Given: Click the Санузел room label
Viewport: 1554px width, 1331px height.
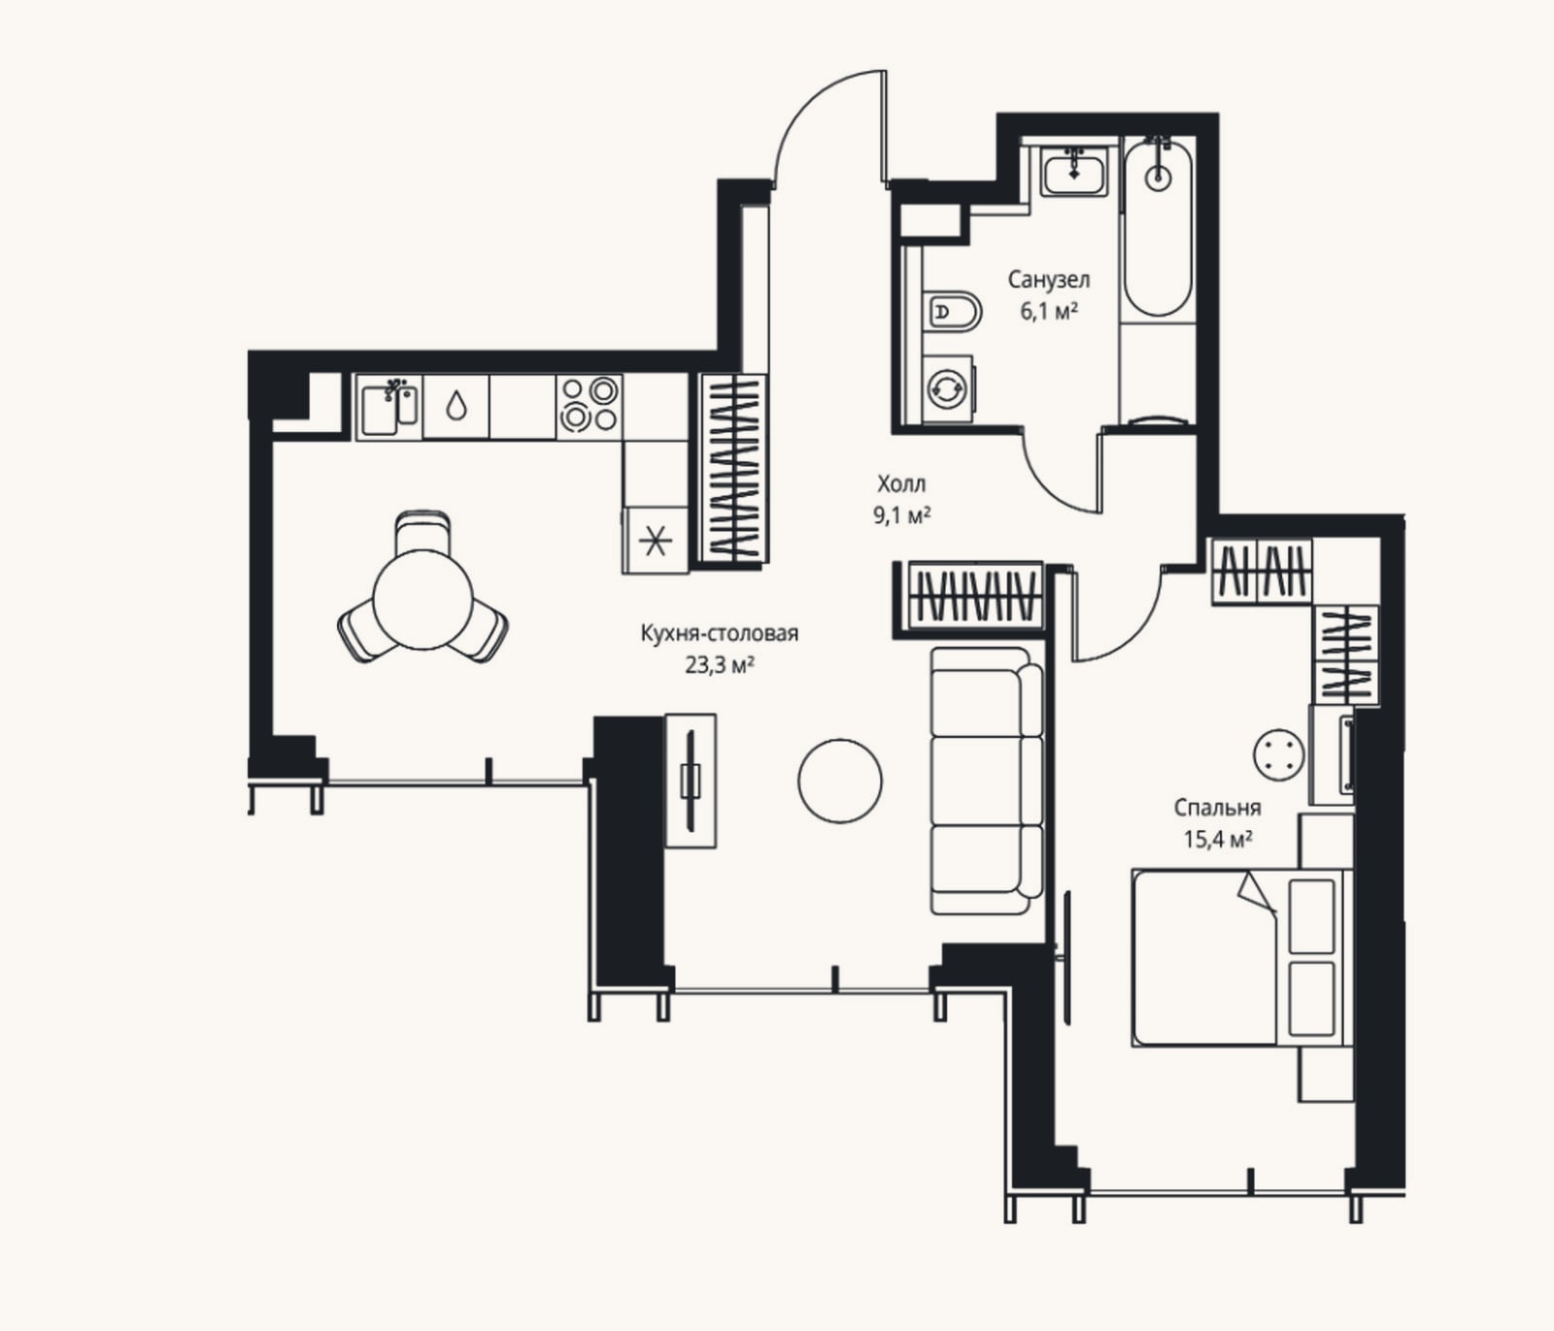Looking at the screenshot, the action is pyautogui.click(x=1048, y=280).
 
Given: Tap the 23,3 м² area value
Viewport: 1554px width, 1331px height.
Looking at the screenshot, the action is pyautogui.click(x=720, y=665).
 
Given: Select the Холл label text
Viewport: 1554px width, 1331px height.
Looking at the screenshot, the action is pyautogui.click(x=901, y=483).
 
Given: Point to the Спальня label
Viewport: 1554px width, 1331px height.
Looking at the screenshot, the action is pyautogui.click(x=1217, y=808).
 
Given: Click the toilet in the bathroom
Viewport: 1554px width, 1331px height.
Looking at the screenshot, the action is pyautogui.click(x=951, y=311).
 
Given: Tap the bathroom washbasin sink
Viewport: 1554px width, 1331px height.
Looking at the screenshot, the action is pyautogui.click(x=1074, y=171).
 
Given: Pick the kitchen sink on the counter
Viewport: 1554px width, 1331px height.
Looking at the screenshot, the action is pyautogui.click(x=388, y=408).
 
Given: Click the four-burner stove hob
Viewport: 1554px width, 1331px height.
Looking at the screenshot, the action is pyautogui.click(x=590, y=405).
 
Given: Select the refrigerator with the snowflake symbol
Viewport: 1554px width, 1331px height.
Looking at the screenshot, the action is pyautogui.click(x=656, y=540).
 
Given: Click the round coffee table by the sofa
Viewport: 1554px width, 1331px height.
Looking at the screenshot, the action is pyautogui.click(x=840, y=781).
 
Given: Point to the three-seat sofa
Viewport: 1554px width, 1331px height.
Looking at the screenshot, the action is pyautogui.click(x=985, y=781).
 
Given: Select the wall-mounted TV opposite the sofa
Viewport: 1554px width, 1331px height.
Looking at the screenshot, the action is pyautogui.click(x=691, y=781).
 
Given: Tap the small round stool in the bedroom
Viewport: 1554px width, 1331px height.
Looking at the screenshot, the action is pyautogui.click(x=1276, y=754).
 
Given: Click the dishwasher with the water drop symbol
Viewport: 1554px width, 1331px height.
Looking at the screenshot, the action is pyautogui.click(x=456, y=407).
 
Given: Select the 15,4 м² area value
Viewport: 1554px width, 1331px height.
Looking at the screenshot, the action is pyautogui.click(x=1217, y=839).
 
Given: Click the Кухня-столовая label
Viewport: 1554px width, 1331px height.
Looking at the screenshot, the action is pyautogui.click(x=720, y=634).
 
